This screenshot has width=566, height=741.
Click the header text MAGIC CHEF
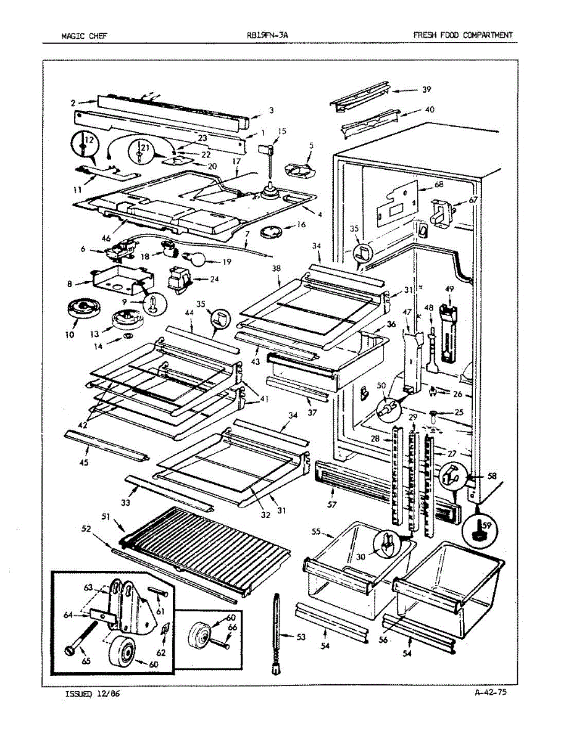pos(84,36)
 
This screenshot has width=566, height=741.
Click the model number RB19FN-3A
pos(267,36)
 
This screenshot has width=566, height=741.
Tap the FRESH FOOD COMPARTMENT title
pos(462,36)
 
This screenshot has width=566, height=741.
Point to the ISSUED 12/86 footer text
pos(93,693)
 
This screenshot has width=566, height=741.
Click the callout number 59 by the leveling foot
pos(488,526)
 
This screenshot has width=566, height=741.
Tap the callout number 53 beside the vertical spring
pos(301,637)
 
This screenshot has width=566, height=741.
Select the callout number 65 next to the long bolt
pos(86,661)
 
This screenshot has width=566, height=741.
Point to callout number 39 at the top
pos(426,90)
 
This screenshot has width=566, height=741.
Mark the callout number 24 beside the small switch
pos(214,278)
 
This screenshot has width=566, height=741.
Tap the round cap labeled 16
pos(272,233)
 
